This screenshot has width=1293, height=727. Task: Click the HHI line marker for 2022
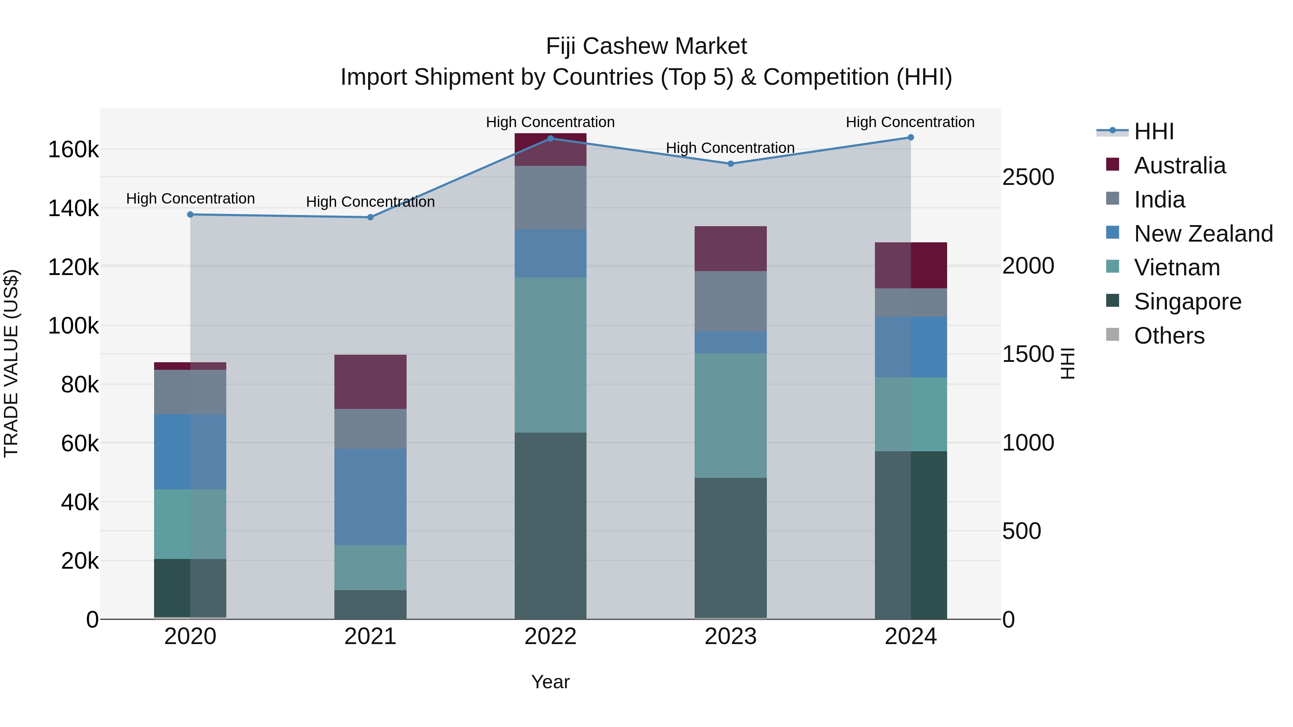point(550,139)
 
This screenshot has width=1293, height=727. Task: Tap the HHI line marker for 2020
point(190,215)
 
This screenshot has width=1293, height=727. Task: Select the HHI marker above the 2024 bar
point(910,138)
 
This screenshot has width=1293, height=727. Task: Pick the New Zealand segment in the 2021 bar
point(370,497)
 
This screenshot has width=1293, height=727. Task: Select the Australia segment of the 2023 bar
point(730,249)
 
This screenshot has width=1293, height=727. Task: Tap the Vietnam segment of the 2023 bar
point(730,415)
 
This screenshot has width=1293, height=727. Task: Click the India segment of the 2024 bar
point(910,303)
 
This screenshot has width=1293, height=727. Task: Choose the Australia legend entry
point(1179,166)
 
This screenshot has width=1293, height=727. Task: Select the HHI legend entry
point(1153,131)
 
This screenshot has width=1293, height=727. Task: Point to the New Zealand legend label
point(1203,234)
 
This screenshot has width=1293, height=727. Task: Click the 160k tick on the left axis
point(73,149)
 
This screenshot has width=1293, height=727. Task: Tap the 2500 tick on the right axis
point(1028,177)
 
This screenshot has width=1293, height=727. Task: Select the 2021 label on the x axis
point(370,637)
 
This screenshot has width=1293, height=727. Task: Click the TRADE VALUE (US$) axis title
point(11,363)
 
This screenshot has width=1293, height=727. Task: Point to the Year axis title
point(550,682)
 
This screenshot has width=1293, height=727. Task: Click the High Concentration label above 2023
point(730,148)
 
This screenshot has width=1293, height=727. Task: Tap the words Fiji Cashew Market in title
point(646,46)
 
